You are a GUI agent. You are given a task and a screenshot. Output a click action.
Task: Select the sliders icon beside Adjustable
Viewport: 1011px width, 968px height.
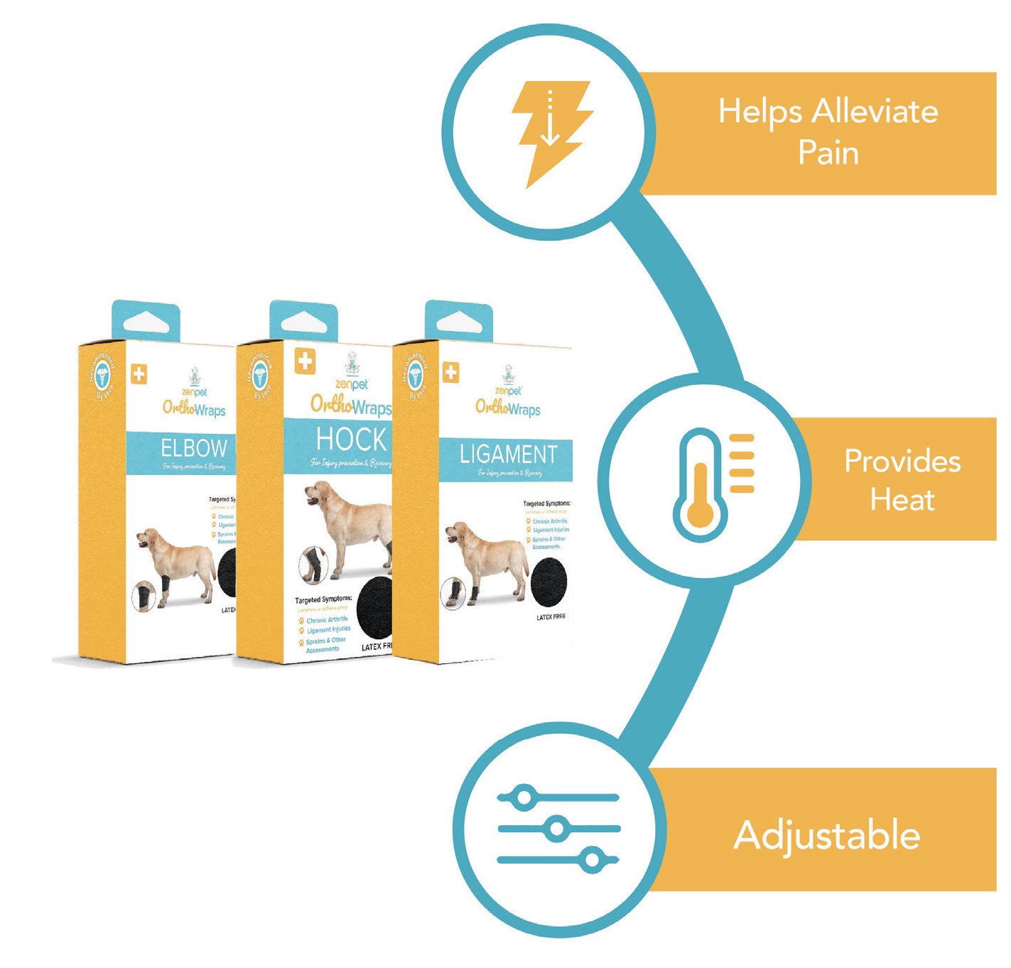click(x=558, y=829)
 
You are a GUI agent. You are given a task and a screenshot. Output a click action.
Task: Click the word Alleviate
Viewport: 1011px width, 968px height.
click(x=875, y=112)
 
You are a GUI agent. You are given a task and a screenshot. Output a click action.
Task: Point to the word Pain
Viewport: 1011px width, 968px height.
click(x=828, y=153)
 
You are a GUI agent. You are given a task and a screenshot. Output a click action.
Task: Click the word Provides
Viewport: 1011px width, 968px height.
click(x=902, y=462)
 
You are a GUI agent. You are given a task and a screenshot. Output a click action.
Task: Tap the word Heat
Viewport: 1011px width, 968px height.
click(x=902, y=500)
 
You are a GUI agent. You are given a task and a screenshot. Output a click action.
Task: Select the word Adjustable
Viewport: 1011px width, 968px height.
click(x=826, y=835)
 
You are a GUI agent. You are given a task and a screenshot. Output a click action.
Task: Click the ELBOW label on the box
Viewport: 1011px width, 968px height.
click(x=193, y=448)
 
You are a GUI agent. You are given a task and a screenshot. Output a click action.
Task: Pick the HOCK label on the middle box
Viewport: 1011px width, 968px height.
click(x=351, y=440)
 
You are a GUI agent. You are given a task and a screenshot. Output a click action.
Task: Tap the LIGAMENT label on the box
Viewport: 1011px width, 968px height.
click(x=508, y=455)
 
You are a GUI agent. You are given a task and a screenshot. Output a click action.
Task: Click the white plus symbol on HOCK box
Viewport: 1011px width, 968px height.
click(x=305, y=361)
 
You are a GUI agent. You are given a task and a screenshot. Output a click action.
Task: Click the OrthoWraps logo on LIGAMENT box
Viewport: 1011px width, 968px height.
click(x=507, y=408)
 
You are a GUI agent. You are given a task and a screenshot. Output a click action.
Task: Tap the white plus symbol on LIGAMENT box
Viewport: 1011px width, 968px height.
click(x=450, y=372)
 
